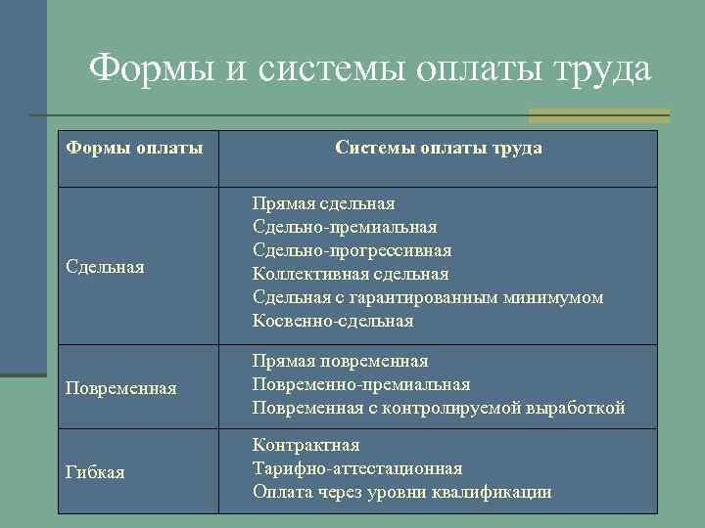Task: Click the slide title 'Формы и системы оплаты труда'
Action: (x=369, y=69)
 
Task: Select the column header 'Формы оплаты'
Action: (x=134, y=148)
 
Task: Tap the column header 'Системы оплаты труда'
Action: (x=438, y=148)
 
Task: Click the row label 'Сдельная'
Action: (x=105, y=267)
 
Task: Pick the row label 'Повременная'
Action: (x=120, y=388)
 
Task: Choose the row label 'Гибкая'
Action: (x=95, y=472)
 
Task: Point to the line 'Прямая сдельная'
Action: (x=323, y=203)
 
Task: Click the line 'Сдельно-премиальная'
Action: (x=345, y=227)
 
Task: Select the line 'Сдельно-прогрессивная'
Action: (x=352, y=250)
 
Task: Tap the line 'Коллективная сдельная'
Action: (x=351, y=274)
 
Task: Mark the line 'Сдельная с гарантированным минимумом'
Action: (x=428, y=297)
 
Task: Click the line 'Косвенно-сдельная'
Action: (x=333, y=321)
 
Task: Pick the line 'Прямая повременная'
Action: (x=340, y=362)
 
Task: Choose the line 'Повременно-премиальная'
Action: (x=361, y=384)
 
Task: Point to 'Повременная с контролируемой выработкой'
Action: (x=439, y=408)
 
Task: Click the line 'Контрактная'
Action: (x=305, y=446)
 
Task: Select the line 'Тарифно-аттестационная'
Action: (x=357, y=468)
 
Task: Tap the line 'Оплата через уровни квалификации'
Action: (x=401, y=492)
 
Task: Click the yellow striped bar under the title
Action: (x=598, y=115)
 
